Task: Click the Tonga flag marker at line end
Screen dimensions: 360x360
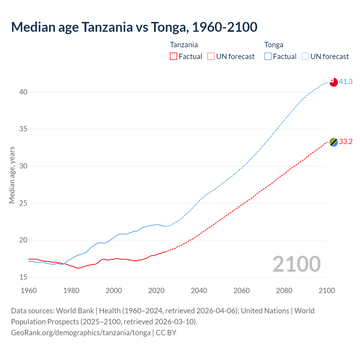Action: click(333, 82)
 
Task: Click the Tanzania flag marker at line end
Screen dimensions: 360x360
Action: click(333, 142)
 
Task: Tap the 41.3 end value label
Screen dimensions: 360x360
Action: click(346, 82)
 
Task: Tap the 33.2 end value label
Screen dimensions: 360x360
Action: click(346, 141)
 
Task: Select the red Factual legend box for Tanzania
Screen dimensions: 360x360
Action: click(174, 57)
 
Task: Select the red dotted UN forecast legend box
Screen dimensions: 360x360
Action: click(211, 57)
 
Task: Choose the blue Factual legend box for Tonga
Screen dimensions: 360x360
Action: click(268, 57)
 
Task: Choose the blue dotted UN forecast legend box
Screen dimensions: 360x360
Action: click(305, 57)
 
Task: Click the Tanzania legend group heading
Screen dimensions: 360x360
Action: click(184, 45)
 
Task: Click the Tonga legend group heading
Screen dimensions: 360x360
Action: click(273, 45)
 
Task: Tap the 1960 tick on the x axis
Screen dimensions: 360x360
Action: click(29, 291)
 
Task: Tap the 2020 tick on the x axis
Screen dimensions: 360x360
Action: click(156, 291)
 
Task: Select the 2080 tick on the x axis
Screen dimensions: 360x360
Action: click(284, 291)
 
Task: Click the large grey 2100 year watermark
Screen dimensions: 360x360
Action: click(296, 264)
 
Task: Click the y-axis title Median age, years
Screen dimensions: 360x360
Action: click(12, 175)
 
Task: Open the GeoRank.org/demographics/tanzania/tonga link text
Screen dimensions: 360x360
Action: click(81, 333)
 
